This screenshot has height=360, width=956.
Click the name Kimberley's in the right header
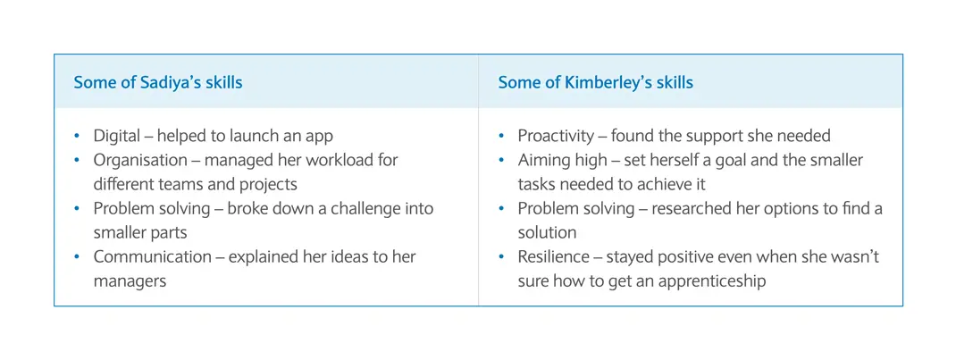(x=604, y=82)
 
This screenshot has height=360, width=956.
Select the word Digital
(x=115, y=136)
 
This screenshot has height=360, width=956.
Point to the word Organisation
(x=139, y=160)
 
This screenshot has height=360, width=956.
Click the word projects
(x=271, y=185)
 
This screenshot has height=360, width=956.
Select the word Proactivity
(x=554, y=136)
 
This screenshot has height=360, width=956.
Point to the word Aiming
(x=542, y=160)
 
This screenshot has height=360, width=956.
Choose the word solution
(x=547, y=232)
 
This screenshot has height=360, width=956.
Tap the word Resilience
(x=553, y=256)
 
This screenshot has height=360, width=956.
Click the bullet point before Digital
(x=77, y=137)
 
